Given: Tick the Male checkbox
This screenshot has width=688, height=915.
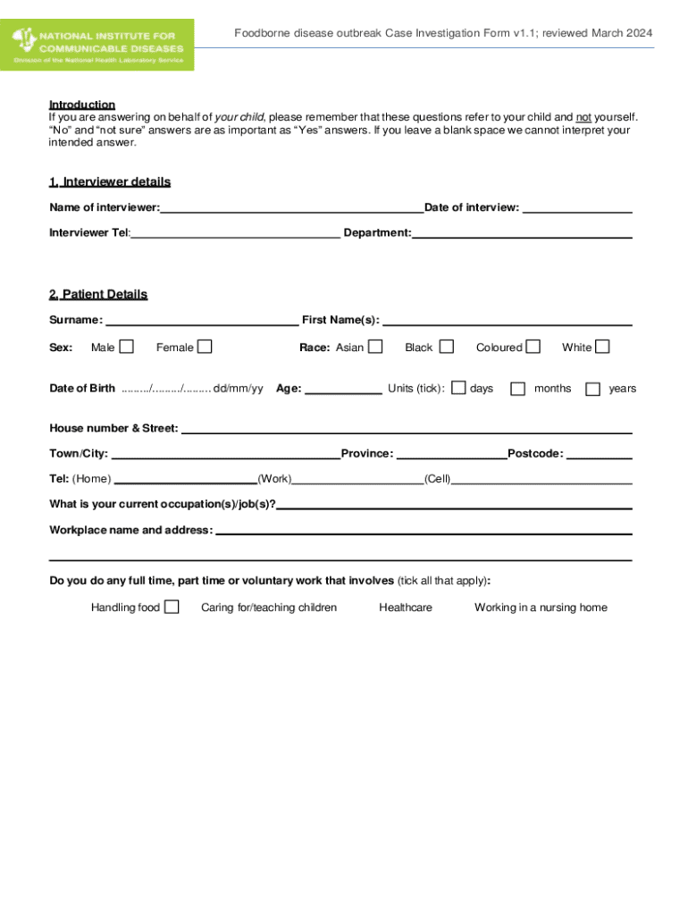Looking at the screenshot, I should coord(127,346).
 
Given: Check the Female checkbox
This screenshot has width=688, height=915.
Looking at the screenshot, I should coord(205,346).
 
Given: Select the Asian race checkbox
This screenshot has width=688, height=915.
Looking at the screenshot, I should coord(375,346).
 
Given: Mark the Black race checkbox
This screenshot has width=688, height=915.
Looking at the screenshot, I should coord(446,346).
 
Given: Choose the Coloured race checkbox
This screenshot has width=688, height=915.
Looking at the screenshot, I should coord(533,346).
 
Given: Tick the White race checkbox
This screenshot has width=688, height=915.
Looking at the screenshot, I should coord(602,346).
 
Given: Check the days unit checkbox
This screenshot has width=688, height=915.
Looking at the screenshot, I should coord(458,388).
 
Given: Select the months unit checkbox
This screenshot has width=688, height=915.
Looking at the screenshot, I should coord(517,389).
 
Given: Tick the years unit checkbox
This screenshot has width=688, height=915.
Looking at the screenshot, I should coord(592,389).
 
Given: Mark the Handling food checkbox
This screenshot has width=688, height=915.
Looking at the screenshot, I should coord(172,607).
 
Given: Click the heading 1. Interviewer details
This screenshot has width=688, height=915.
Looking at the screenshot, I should coord(110,182).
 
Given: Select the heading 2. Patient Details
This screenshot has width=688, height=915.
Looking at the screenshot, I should coord(98,295).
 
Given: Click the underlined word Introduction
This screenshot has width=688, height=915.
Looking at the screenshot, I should coord(82,105).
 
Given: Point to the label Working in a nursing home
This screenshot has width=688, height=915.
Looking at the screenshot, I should coord(541,608).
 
